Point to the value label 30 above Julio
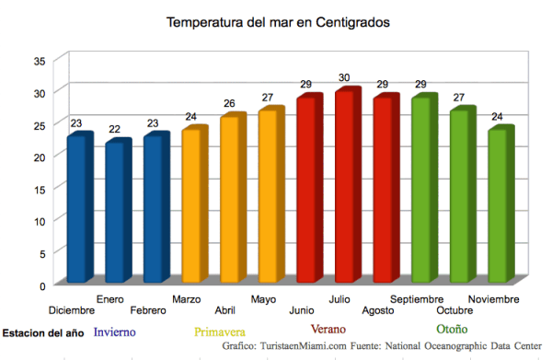(x=344, y=77)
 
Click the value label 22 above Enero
(x=114, y=129)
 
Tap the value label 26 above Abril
(x=229, y=103)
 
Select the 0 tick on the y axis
(x=41, y=285)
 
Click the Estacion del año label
(x=43, y=332)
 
